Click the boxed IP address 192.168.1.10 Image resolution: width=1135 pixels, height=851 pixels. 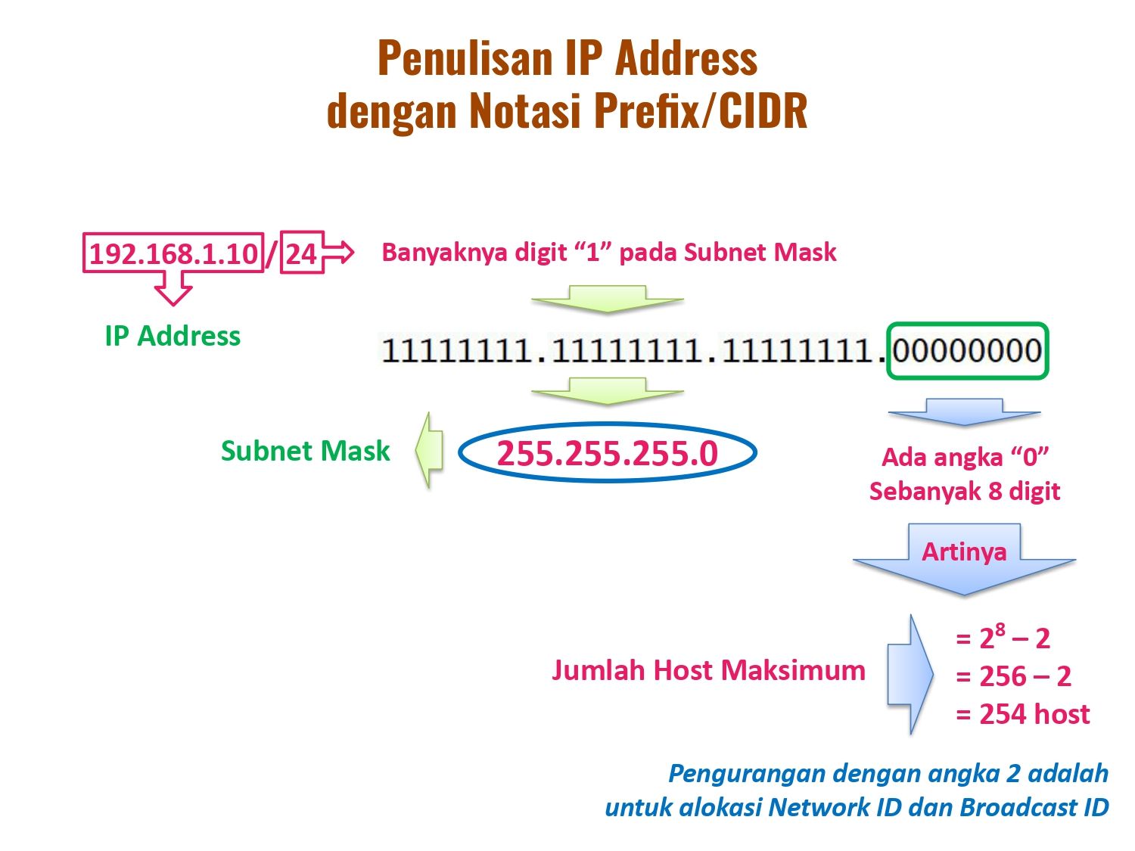[x=173, y=253]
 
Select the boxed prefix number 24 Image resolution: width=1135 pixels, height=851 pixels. [x=301, y=253]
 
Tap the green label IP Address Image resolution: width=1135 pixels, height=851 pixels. [x=173, y=336]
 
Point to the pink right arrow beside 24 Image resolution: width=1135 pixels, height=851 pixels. [x=339, y=252]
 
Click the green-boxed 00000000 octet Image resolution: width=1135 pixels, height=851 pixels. [x=967, y=351]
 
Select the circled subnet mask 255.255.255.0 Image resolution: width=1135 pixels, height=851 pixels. [x=608, y=452]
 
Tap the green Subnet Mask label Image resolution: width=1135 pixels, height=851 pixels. [x=305, y=451]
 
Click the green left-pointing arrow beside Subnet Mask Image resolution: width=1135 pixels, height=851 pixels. [x=429, y=450]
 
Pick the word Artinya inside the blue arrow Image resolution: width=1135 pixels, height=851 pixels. [x=964, y=552]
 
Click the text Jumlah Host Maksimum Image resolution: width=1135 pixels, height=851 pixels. [x=708, y=670]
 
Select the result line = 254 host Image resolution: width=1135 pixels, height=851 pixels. [x=1023, y=714]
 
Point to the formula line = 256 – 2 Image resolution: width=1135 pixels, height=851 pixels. [x=1013, y=676]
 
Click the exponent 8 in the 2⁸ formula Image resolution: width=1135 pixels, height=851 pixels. [x=1000, y=629]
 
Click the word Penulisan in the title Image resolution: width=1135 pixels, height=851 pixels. [x=465, y=58]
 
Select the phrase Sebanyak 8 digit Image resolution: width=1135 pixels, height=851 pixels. [x=965, y=491]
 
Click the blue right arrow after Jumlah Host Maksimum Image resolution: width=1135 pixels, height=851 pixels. [x=910, y=674]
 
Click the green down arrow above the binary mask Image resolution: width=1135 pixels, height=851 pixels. [x=608, y=299]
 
